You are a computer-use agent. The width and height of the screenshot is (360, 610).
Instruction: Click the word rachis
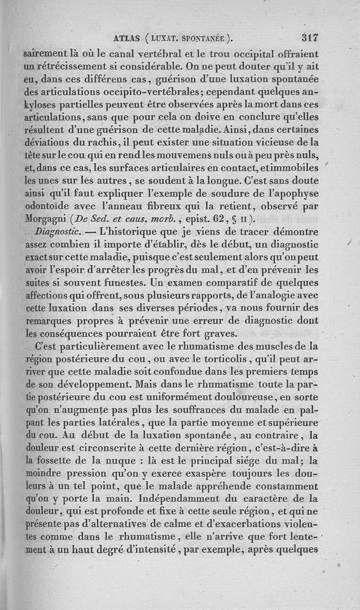pyautogui.click(x=102, y=143)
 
